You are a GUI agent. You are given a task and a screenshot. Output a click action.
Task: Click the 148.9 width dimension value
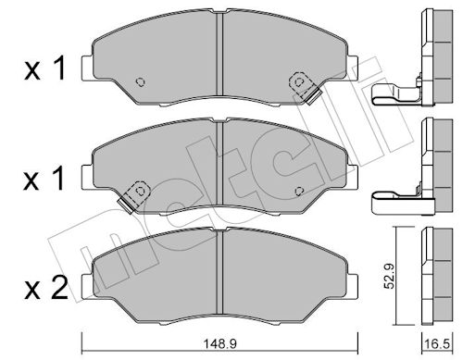[219, 343]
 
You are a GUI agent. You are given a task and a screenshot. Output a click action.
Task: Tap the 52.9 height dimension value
[389, 276]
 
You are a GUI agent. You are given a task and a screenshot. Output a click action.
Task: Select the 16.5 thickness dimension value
[437, 343]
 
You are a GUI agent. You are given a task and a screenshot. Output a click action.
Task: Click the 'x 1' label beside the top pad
[45, 68]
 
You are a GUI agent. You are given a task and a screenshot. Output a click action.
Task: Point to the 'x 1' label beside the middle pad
[44, 178]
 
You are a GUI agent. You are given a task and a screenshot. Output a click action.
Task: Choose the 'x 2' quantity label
[46, 287]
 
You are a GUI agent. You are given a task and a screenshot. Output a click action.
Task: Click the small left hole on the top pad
[141, 81]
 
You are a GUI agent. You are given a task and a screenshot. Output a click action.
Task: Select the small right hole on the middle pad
[299, 192]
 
